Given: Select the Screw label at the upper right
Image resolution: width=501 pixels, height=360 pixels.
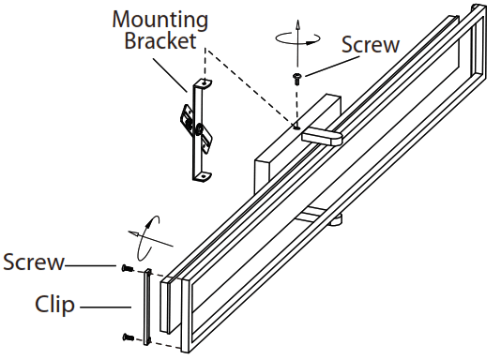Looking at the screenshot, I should click(369, 44).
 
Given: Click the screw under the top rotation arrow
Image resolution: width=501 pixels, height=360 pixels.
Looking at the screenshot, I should click(297, 79).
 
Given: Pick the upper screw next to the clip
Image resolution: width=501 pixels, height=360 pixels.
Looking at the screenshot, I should click(126, 269).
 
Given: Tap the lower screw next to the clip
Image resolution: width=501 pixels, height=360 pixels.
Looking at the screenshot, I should click(126, 336).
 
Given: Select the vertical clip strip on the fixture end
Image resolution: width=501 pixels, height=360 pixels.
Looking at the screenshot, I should click(147, 305).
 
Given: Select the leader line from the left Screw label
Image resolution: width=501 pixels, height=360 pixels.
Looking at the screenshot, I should click(94, 265).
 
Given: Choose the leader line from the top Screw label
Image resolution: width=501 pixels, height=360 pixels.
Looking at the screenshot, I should click(324, 63).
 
